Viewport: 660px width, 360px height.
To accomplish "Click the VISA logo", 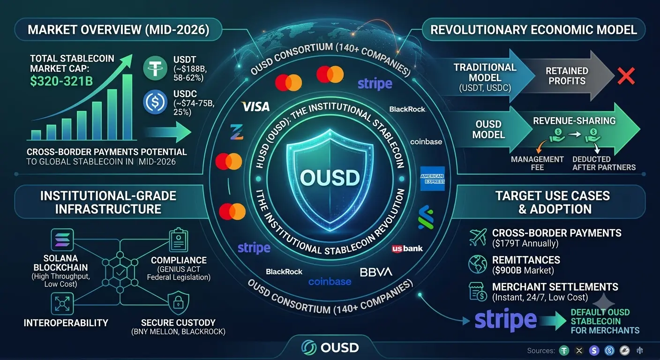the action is tap(255, 107).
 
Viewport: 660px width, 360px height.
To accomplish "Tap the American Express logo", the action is tap(432, 179).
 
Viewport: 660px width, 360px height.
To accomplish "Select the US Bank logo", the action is tap(407, 248).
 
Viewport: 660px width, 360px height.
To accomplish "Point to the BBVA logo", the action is tap(376, 272).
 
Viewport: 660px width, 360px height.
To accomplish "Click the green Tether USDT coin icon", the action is tap(155, 68).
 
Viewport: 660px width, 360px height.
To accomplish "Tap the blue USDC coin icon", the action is tap(155, 102).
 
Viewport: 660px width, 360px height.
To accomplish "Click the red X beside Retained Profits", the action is tap(626, 76).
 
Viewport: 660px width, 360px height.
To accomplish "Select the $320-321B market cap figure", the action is tap(61, 81).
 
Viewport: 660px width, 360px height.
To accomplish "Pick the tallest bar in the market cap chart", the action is tap(127, 107).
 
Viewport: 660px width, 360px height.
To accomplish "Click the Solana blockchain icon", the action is tap(62, 240).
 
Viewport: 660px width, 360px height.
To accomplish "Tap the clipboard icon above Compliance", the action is tap(179, 240).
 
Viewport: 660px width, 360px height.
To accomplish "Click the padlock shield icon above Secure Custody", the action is tap(178, 303).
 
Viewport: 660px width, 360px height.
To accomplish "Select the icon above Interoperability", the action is tap(62, 304).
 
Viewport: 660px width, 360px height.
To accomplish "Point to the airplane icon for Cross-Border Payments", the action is tap(478, 237).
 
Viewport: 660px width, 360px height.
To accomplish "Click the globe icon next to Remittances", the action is tap(478, 264).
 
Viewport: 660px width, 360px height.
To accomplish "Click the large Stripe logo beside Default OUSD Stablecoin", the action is tap(506, 320).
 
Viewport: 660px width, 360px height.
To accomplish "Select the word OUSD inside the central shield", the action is tap(330, 178).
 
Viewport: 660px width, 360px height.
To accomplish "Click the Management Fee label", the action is tap(537, 163).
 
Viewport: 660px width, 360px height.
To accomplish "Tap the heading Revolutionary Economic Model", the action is tap(533, 30).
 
